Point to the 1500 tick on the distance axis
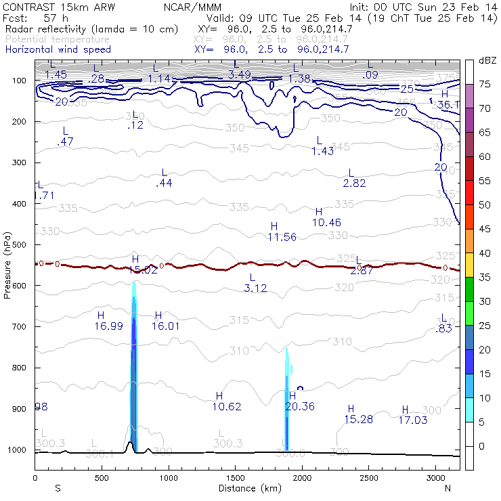235,478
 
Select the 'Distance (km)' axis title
246,487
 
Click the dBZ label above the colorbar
488,61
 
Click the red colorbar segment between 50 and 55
469,192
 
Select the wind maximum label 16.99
109,326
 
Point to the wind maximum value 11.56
282,237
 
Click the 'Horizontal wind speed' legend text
58,49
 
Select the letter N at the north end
448,487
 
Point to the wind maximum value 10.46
327,223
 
